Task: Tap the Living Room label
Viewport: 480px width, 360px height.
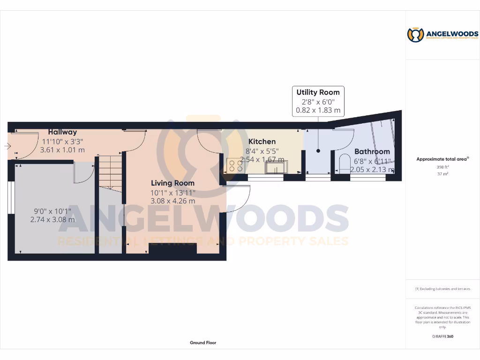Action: pyautogui.click(x=172, y=183)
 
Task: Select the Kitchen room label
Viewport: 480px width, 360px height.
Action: pyautogui.click(x=262, y=142)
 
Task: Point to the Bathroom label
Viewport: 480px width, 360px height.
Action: pyautogui.click(x=372, y=151)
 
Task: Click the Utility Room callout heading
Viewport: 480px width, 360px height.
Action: pyautogui.click(x=318, y=92)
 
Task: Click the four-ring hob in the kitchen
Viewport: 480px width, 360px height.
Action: pyautogui.click(x=234, y=165)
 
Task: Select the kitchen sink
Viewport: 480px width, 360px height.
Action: pyautogui.click(x=276, y=167)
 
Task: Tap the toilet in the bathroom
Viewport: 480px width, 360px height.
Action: pyautogui.click(x=345, y=163)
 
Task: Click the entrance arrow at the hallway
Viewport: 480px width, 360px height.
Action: pyautogui.click(x=7, y=146)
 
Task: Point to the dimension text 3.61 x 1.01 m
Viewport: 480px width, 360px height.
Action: pyautogui.click(x=62, y=150)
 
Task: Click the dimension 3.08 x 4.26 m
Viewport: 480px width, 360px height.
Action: pyautogui.click(x=172, y=201)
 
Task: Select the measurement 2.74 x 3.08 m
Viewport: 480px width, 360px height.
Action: pyautogui.click(x=52, y=219)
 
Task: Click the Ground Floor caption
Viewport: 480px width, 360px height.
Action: pyautogui.click(x=203, y=343)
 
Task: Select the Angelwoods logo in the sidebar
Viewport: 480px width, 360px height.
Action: pyautogui.click(x=442, y=35)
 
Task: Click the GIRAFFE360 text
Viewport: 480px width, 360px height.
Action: pyautogui.click(x=442, y=336)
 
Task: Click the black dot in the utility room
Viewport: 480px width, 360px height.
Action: pyautogui.click(x=318, y=150)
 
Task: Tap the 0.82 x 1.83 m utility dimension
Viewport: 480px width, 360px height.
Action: pyautogui.click(x=318, y=111)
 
